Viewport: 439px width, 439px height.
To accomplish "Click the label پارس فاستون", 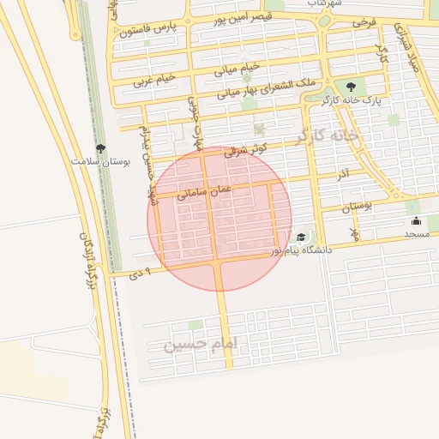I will [x=153, y=30].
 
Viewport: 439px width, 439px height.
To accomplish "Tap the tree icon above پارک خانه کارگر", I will [x=350, y=86].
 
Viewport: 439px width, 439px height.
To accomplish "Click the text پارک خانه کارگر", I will [x=348, y=101].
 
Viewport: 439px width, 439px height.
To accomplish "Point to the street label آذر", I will [x=341, y=175].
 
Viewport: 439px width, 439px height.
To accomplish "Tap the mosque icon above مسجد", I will [x=417, y=221].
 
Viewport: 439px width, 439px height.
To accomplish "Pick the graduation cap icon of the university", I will [x=301, y=238].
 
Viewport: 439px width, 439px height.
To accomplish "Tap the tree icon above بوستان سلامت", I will [x=100, y=148].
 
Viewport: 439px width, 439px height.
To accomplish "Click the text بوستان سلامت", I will [x=100, y=161].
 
